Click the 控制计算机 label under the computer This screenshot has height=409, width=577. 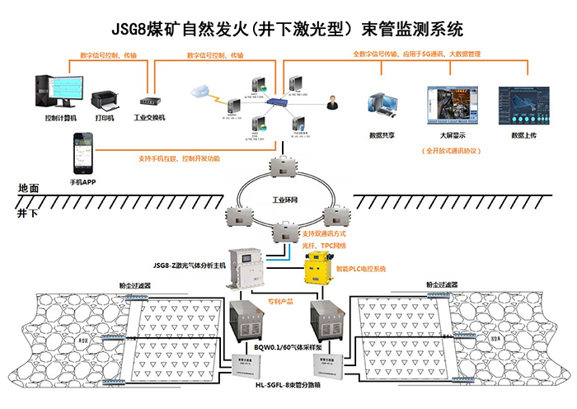click(61, 118)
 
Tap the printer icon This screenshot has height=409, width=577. click(105, 101)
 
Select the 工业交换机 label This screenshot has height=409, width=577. click(150, 118)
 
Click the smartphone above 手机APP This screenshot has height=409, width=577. click(80, 152)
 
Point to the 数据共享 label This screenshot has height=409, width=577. click(386, 133)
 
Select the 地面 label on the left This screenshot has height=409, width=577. click(29, 189)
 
